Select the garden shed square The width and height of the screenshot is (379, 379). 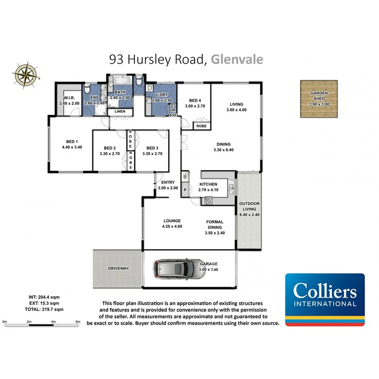319,98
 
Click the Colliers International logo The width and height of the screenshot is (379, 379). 325,299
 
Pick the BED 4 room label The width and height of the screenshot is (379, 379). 195,103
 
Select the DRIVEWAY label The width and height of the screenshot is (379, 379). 118,268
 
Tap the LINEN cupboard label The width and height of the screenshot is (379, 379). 120,111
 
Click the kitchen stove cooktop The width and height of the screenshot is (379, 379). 209,200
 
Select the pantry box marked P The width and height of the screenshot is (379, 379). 185,190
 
